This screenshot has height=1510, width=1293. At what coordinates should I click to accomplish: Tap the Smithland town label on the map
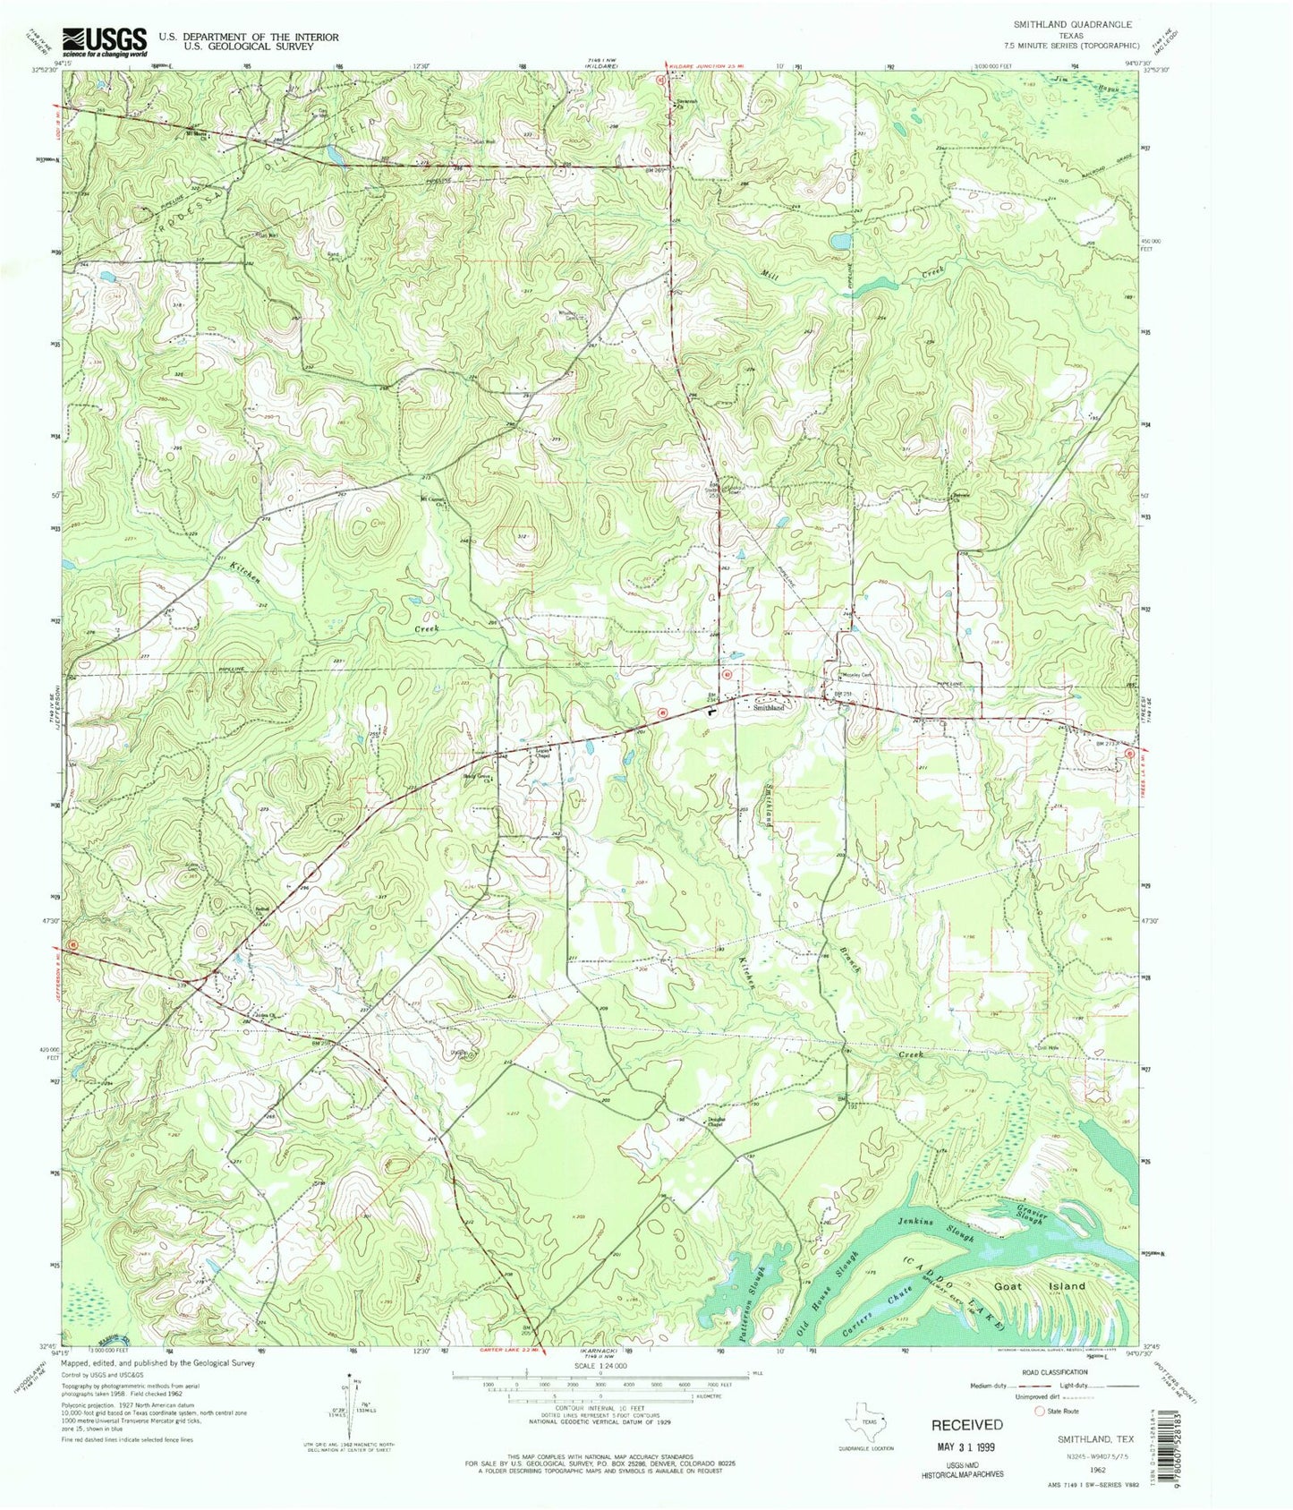[768, 707]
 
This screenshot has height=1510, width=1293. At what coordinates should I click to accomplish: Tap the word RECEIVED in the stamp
[966, 1424]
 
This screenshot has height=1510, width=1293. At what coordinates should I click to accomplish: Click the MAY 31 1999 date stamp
[966, 1446]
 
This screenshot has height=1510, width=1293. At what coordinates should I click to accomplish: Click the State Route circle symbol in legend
[1040, 1412]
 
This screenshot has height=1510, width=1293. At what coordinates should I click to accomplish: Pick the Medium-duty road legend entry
[990, 1386]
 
